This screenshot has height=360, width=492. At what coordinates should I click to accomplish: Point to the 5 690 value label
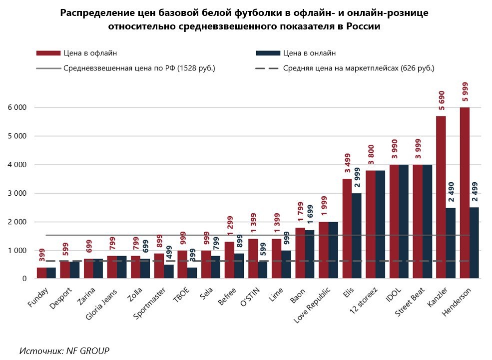point(441,99)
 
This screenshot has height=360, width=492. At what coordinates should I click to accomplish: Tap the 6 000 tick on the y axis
point(17,107)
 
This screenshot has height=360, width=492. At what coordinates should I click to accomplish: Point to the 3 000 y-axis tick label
point(17,193)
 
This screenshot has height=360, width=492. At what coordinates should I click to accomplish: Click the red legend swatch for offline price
point(48,53)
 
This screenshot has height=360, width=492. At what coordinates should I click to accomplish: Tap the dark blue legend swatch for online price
point(267,53)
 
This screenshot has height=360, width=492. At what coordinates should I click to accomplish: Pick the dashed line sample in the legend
point(267,68)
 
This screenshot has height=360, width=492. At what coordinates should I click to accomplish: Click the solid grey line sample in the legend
point(48,68)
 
